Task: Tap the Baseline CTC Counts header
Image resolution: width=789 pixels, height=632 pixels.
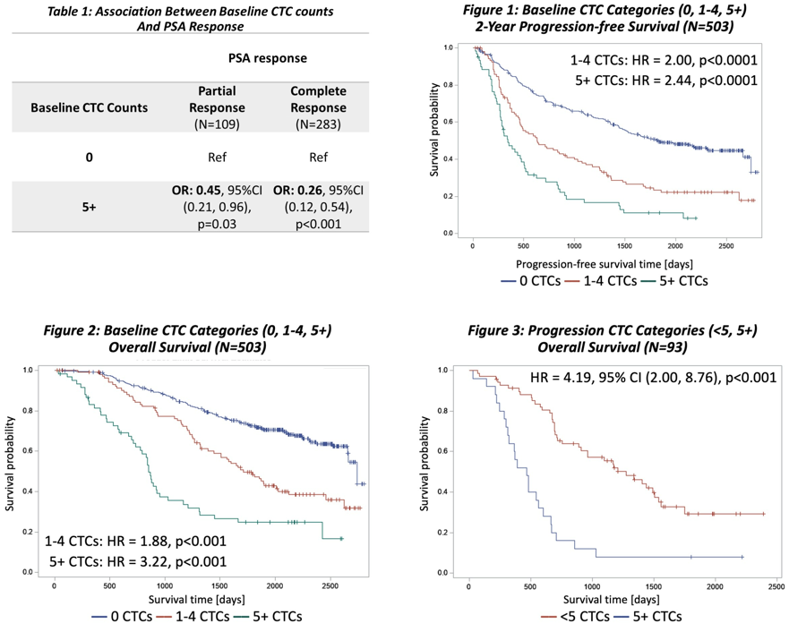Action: (x=89, y=107)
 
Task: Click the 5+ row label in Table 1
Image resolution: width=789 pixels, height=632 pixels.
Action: (x=89, y=207)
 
